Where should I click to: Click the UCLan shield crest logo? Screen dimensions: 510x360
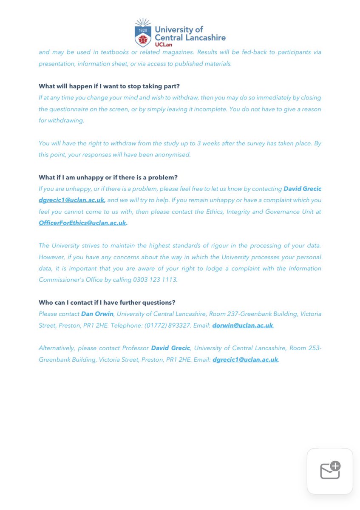coord(143,34)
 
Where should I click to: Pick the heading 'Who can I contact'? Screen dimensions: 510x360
coord(107,302)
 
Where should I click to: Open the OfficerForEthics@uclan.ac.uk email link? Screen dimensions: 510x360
coord(82,223)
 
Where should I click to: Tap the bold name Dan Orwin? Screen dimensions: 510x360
coord(97,314)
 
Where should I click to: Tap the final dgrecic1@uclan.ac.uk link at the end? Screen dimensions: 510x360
coord(245,360)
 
